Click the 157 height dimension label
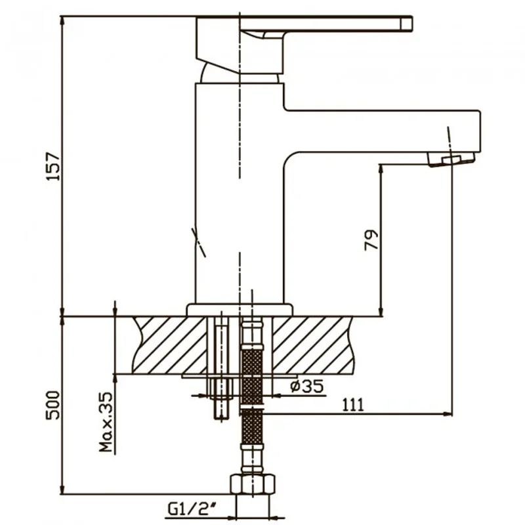point(53,167)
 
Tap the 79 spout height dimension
point(371,240)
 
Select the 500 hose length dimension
point(53,405)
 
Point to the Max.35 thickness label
point(106,422)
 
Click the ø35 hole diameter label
point(307,387)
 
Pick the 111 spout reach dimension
point(352,405)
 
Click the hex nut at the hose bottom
point(253,484)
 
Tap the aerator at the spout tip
point(451,159)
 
